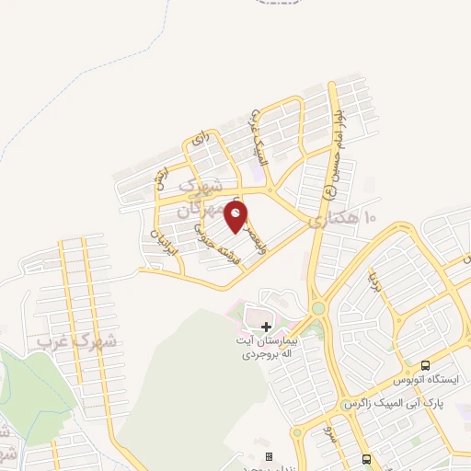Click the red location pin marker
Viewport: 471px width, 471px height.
(237, 217)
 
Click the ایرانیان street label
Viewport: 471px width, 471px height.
(167, 240)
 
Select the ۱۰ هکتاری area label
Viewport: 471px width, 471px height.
(344, 219)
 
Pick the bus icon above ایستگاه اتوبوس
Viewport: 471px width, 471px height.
(426, 363)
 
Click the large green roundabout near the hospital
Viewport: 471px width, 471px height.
(318, 308)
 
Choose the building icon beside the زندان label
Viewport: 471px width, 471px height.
(269, 456)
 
